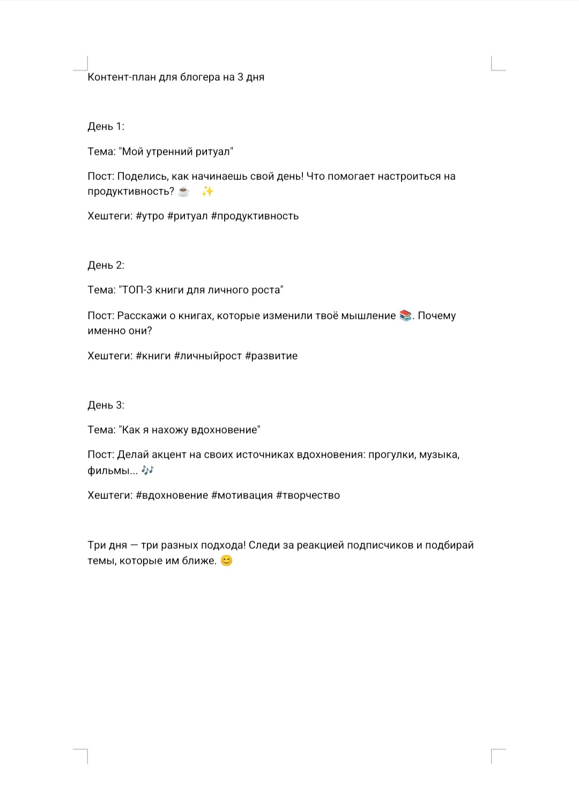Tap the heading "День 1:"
click(x=106, y=127)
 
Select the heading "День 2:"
click(x=106, y=265)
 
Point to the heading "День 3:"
click(x=106, y=405)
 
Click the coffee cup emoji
click(x=183, y=191)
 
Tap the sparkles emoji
click(x=207, y=191)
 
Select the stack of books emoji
click(x=405, y=316)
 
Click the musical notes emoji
click(x=147, y=470)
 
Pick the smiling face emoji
click(x=227, y=561)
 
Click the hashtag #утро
click(x=150, y=216)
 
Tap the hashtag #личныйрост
click(x=208, y=356)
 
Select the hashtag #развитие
click(x=271, y=356)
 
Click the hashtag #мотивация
click(x=242, y=495)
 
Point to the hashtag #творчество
click(x=308, y=495)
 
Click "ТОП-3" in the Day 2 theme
click(x=137, y=290)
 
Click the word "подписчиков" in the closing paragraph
click(x=380, y=545)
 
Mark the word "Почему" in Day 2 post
click(x=436, y=316)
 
